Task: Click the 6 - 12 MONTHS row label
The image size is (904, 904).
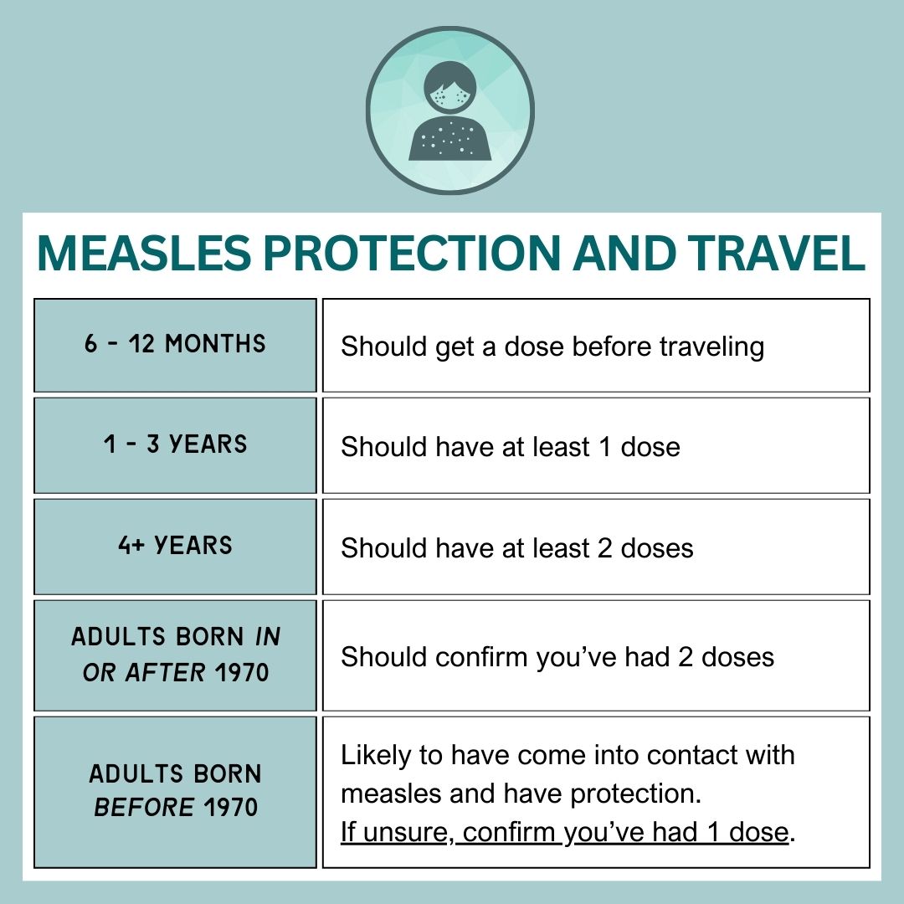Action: [x=175, y=344]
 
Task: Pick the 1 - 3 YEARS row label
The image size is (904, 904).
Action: [x=175, y=444]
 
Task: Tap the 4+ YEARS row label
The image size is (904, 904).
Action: [x=175, y=546]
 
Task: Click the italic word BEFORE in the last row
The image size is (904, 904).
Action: [x=143, y=809]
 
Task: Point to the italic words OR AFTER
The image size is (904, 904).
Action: [x=143, y=673]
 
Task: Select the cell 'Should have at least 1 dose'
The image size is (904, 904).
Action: [x=510, y=447]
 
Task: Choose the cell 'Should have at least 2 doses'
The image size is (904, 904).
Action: [x=516, y=548]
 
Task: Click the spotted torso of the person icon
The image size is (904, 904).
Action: [x=449, y=138]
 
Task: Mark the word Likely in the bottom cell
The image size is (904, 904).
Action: [x=376, y=755]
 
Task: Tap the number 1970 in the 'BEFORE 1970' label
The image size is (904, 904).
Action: [x=230, y=809]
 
